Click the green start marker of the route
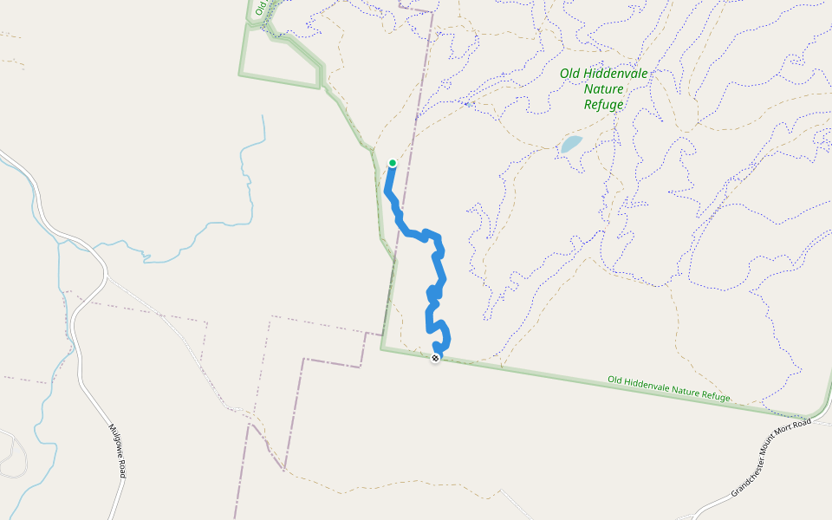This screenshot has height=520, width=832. pyautogui.click(x=393, y=163)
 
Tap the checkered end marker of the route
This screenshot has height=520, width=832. pyautogui.click(x=435, y=358)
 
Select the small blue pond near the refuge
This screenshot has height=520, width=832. pyautogui.click(x=570, y=144)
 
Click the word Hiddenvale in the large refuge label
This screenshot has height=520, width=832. pyautogui.click(x=614, y=74)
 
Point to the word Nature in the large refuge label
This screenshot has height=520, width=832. pyautogui.click(x=604, y=89)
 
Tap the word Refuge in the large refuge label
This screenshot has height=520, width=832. pyautogui.click(x=604, y=105)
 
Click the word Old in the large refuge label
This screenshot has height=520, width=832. pyautogui.click(x=569, y=74)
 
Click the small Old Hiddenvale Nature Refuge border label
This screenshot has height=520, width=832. pyautogui.click(x=668, y=388)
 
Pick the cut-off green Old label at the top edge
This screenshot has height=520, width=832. pyautogui.click(x=258, y=9)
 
